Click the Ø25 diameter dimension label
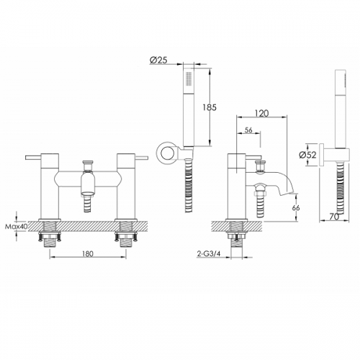[158, 60]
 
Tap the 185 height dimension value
[210, 107]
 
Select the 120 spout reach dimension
[262, 113]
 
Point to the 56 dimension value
[248, 130]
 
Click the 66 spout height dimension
[296, 207]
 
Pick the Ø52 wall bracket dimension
[307, 155]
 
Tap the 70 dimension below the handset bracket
[334, 217]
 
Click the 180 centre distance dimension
[88, 253]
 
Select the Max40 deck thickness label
[17, 226]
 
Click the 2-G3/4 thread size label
[209, 254]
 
